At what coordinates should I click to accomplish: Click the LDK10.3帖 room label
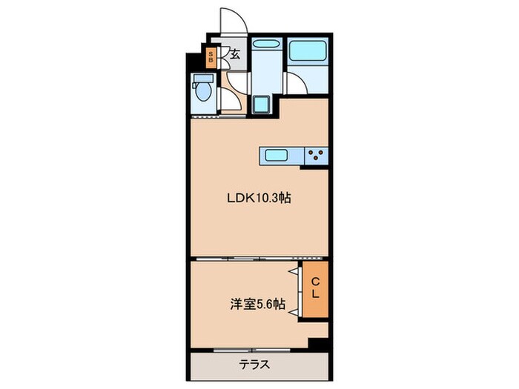pos(257,199)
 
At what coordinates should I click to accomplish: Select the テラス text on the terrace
pos(254,364)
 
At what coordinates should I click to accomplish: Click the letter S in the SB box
pos(211,53)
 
